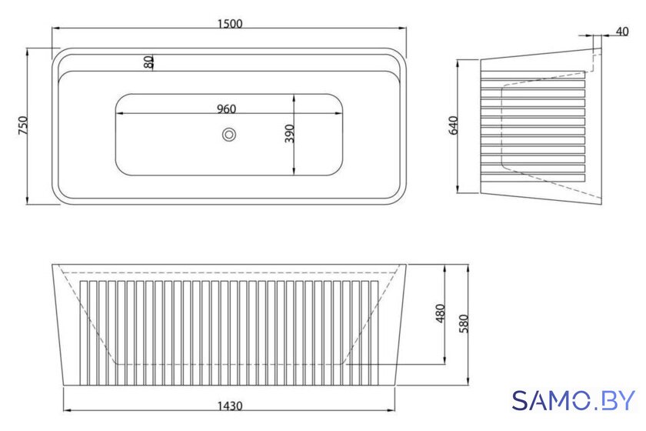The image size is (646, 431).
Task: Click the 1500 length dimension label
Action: point(230,24)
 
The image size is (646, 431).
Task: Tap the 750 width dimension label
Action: point(24,125)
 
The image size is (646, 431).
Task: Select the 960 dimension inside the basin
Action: point(226,109)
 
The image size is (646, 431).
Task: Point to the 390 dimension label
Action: point(290,133)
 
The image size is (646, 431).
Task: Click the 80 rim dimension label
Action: point(148,62)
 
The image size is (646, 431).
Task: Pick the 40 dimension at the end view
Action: point(622,32)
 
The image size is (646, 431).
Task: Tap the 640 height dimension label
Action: point(453,125)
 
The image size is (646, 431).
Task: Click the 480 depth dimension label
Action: point(440,313)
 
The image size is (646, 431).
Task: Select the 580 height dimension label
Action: point(464,324)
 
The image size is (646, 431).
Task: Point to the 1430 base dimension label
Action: point(230,406)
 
